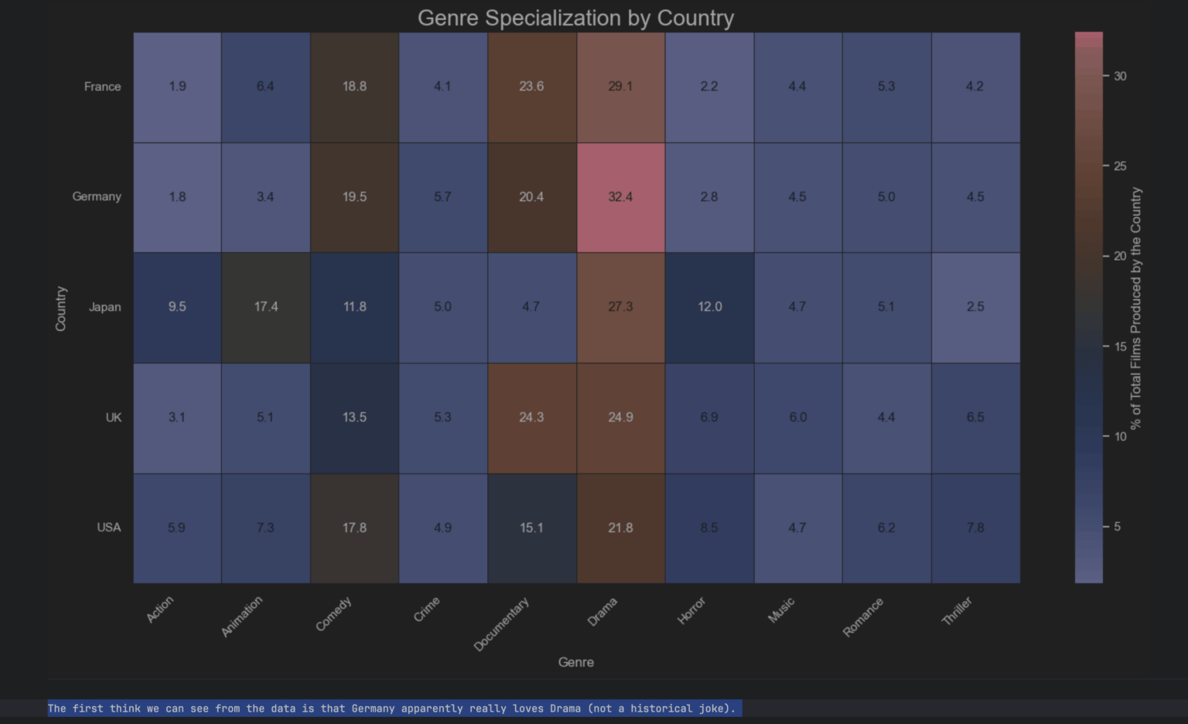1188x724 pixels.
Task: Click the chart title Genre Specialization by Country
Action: pos(575,18)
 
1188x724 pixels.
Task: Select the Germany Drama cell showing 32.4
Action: pos(620,197)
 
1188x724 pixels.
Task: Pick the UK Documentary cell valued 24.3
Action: pos(531,418)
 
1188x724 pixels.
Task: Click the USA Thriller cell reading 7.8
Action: pos(975,528)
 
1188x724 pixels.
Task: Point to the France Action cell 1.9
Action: pos(177,87)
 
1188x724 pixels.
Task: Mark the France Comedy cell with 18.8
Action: pos(354,87)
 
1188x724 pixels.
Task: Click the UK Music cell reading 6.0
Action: pos(798,418)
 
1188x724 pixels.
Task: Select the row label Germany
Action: pos(97,196)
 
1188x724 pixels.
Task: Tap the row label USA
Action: pos(109,528)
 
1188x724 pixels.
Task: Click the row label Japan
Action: pos(104,307)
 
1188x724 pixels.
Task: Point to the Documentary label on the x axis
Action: pos(501,623)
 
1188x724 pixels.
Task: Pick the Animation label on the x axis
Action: pos(242,616)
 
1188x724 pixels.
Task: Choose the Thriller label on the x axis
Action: pos(957,610)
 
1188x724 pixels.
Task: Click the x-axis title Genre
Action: pos(576,662)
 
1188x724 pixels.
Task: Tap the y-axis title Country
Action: pos(61,309)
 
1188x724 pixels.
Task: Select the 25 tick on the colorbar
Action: pos(1120,166)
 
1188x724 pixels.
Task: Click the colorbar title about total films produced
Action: pos(1135,308)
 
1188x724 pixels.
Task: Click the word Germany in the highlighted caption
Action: pos(373,709)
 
